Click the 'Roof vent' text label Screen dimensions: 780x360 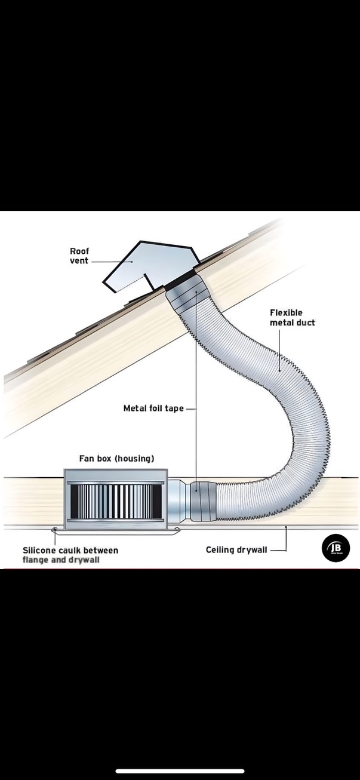point(79,256)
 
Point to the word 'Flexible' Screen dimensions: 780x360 point(286,313)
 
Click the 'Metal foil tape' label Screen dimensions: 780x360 point(153,409)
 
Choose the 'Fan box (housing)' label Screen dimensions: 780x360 point(116,459)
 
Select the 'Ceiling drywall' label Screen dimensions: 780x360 point(236,549)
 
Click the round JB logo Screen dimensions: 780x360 point(336,548)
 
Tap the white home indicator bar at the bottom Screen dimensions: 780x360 point(180,771)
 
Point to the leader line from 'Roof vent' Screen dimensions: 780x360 point(112,262)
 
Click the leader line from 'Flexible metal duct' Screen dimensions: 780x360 point(279,349)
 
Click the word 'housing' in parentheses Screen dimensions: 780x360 point(134,459)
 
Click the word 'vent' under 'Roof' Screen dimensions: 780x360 point(79,261)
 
